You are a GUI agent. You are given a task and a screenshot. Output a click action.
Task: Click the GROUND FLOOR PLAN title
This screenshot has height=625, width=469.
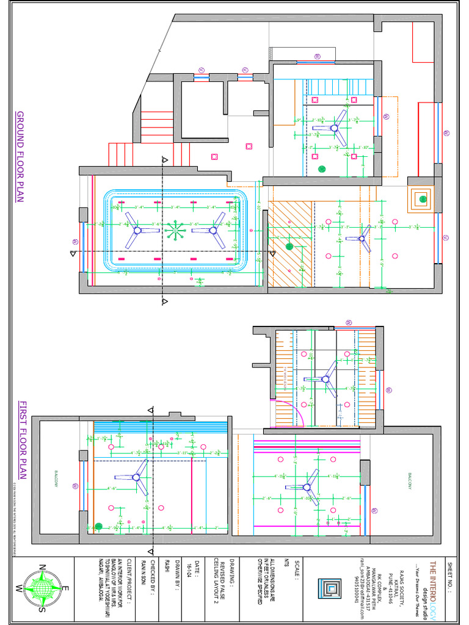point(20,157)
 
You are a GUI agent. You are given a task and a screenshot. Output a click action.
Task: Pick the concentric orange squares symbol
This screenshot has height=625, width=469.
point(421,198)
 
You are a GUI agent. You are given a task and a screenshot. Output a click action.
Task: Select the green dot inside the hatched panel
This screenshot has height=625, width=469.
point(289,247)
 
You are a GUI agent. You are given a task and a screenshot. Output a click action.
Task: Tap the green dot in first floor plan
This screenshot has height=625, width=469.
point(98,526)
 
